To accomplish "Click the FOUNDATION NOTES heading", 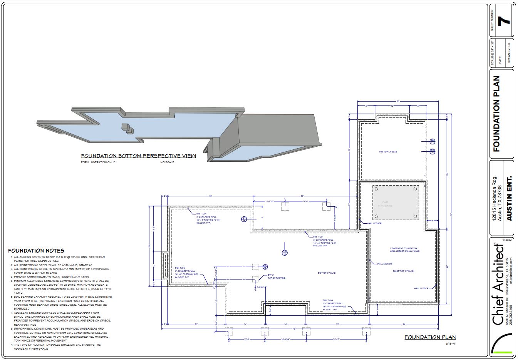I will tap(36, 251).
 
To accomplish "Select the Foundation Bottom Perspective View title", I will tap(138, 156).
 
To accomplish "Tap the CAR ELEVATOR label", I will tap(387, 204).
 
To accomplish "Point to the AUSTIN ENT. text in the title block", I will tap(509, 199).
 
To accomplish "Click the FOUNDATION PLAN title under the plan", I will tap(430, 337).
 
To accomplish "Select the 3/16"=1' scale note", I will tap(450, 343).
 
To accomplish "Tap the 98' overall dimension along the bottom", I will tap(294, 329).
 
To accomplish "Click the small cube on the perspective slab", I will tap(125, 127).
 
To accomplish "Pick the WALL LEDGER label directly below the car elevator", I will tap(374, 223).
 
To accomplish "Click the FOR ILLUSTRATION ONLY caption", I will tap(98, 162).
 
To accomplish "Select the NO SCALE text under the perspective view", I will tap(167, 162).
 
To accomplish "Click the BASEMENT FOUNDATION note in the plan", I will tap(404, 249).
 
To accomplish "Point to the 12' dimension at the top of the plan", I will tap(392, 105).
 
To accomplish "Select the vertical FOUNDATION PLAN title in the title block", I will tap(496, 114).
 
